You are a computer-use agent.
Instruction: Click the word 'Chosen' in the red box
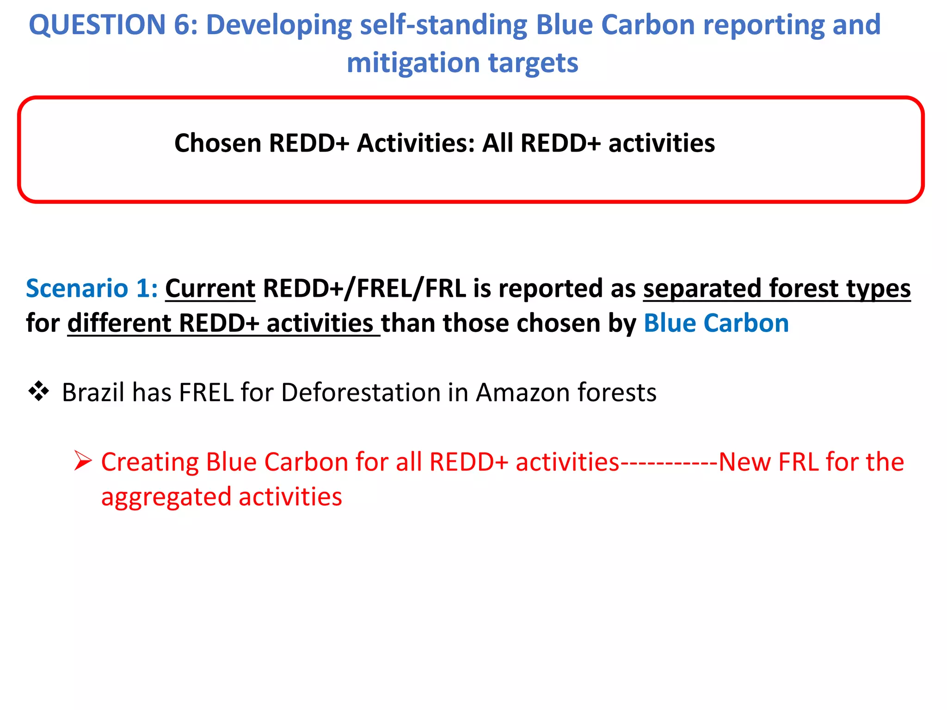click(218, 143)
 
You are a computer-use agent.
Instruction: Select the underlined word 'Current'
click(210, 288)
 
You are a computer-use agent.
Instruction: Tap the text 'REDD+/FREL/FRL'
click(364, 288)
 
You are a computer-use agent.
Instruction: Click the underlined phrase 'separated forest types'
click(776, 288)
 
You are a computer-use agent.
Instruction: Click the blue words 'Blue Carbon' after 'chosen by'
click(716, 323)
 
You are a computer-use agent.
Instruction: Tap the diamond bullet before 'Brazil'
click(39, 392)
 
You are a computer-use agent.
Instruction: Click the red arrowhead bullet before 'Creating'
click(83, 461)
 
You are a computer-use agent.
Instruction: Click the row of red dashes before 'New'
click(669, 462)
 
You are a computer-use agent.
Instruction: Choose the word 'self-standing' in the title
click(443, 25)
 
